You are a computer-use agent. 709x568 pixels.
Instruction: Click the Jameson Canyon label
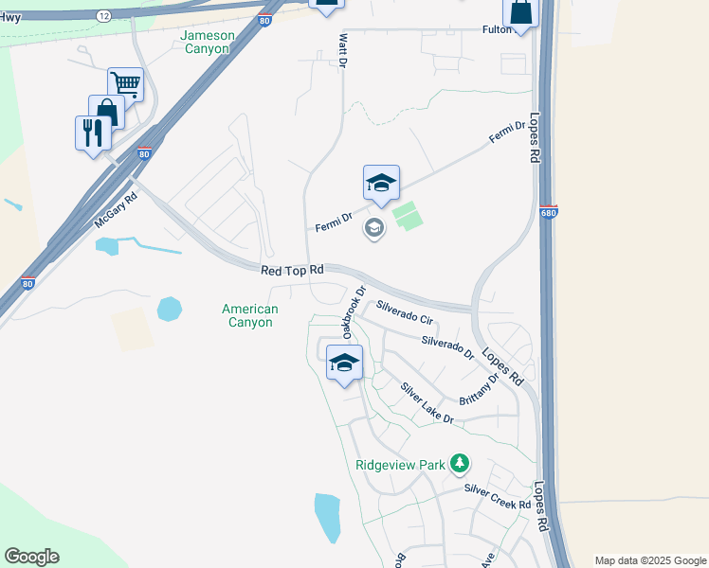pyautogui.click(x=206, y=42)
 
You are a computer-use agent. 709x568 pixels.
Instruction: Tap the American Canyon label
pyautogui.click(x=250, y=315)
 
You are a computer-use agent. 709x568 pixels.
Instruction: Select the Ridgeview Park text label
pyautogui.click(x=400, y=465)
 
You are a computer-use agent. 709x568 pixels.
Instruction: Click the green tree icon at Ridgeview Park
pyautogui.click(x=460, y=463)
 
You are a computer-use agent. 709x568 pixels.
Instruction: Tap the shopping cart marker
pyautogui.click(x=125, y=83)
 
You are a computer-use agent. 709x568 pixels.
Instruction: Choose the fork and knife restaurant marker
pyautogui.click(x=93, y=131)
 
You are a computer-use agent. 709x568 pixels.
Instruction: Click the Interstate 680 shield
pyautogui.click(x=548, y=212)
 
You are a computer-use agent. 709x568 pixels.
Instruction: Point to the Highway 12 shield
pyautogui.click(x=103, y=16)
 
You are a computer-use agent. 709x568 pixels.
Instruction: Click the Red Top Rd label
pyautogui.click(x=293, y=271)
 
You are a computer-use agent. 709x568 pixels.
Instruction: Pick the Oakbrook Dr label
pyautogui.click(x=354, y=312)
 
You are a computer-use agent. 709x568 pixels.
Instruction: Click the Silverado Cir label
pyautogui.click(x=405, y=314)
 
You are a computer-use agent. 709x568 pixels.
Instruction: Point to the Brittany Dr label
pyautogui.click(x=480, y=389)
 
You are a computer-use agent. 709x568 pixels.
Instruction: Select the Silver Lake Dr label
pyautogui.click(x=427, y=403)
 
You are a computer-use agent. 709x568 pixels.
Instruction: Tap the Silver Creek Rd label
pyautogui.click(x=498, y=497)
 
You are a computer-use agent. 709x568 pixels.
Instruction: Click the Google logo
pyautogui.click(x=31, y=557)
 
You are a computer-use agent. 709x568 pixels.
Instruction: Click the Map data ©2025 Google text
pyautogui.click(x=650, y=560)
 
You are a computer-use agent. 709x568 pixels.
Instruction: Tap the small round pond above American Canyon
pyautogui.click(x=170, y=309)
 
